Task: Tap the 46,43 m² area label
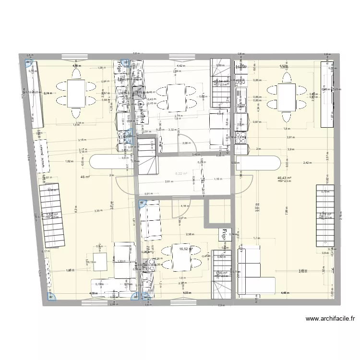coord(285,178)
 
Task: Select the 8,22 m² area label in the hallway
coord(181,174)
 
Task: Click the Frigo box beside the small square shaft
coord(224,235)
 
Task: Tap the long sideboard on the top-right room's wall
coord(324,94)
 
